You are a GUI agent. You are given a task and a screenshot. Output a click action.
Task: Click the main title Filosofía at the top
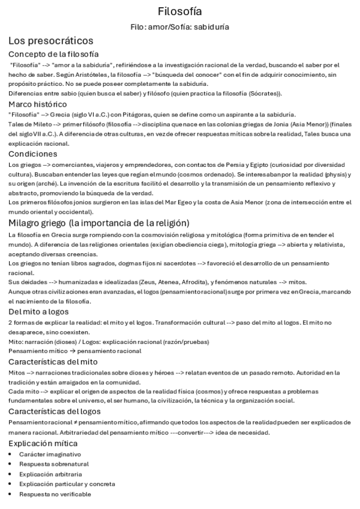pos(180,11)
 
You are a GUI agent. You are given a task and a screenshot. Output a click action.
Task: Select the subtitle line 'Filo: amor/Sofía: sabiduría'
pos(180,27)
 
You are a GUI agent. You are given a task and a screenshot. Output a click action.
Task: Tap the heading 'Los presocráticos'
pos(50,41)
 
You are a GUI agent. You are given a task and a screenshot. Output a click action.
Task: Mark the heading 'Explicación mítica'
pos(44,443)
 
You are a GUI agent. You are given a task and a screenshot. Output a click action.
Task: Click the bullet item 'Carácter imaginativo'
pos(50,454)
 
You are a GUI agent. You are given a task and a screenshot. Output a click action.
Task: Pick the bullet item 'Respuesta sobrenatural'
pos(53,464)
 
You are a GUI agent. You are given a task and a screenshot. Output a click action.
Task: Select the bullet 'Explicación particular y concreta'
pos(67,484)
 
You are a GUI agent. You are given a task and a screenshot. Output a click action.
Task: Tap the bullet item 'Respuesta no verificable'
pos(55,493)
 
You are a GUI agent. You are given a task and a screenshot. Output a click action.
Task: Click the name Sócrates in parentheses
pos(266,93)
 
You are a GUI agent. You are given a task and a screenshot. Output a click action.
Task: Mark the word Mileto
pos(40,124)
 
